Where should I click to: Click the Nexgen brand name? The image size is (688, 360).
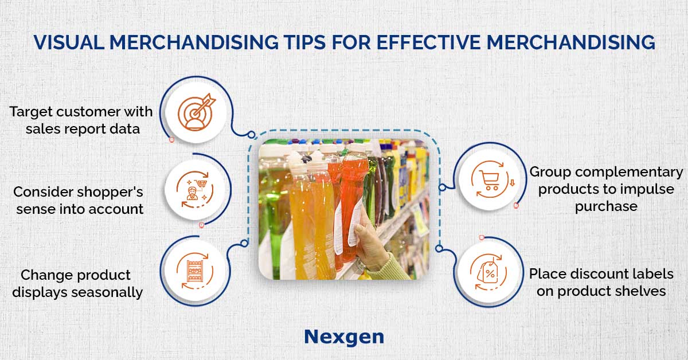[344, 337]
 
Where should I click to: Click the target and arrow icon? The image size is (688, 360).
[196, 112]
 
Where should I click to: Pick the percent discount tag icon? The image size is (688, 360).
[488, 272]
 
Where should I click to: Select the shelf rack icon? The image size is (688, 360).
[195, 271]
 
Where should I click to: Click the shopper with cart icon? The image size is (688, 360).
[196, 189]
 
